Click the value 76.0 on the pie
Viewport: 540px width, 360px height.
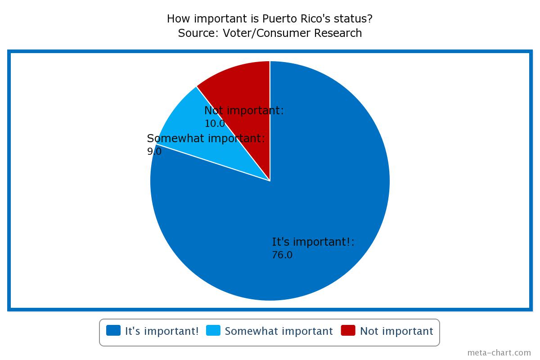point(282,255)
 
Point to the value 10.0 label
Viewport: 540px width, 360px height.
point(215,124)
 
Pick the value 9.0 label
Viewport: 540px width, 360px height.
point(154,152)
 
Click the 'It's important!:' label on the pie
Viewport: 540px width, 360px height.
point(313,242)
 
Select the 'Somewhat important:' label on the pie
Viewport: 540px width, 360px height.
point(206,139)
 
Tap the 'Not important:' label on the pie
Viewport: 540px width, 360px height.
point(244,110)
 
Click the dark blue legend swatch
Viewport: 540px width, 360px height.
point(113,330)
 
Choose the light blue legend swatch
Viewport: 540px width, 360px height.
point(213,330)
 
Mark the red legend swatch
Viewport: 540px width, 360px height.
point(348,330)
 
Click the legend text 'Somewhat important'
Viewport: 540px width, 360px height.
point(279,331)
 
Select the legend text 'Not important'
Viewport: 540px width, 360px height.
point(396,331)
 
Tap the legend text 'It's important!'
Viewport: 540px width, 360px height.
point(162,331)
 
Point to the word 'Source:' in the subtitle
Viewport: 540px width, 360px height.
point(198,33)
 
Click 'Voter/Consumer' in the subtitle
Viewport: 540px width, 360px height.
point(266,33)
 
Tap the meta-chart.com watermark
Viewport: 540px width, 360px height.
point(499,353)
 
